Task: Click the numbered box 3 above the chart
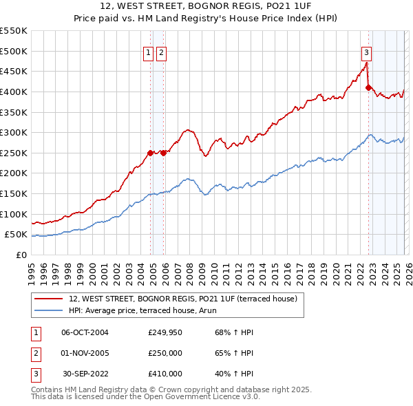366,52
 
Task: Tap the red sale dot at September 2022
368,87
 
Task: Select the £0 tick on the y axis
22,255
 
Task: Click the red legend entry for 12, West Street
182,299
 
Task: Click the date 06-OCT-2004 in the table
85,332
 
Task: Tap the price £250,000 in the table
165,353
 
